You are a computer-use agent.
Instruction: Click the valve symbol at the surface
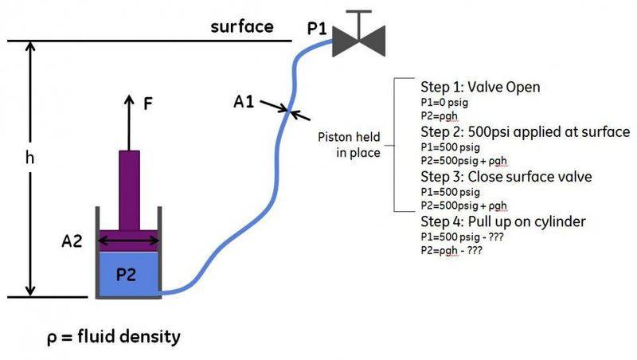point(358,36)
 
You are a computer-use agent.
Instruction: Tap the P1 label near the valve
point(318,29)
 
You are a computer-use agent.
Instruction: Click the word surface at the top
point(241,26)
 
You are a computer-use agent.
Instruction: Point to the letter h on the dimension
point(30,158)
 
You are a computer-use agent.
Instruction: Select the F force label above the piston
point(148,104)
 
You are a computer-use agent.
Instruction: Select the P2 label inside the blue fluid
point(127,275)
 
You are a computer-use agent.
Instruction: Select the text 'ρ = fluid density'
point(112,337)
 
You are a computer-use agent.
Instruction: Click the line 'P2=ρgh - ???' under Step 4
point(451,250)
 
